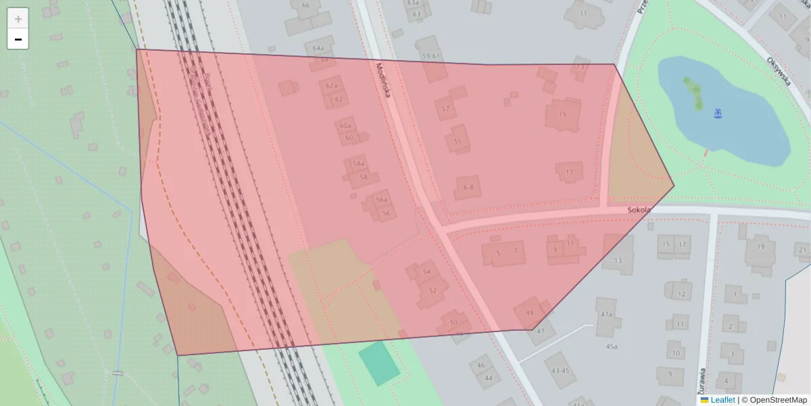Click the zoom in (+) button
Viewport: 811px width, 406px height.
tap(18, 19)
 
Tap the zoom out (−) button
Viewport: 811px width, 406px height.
tap(18, 39)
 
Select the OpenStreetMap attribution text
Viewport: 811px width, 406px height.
tap(778, 400)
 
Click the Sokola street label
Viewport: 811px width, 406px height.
tap(639, 210)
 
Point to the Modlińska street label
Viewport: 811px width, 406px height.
tap(383, 81)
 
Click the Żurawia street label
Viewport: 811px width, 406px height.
tap(704, 382)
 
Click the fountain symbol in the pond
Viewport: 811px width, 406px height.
tap(718, 115)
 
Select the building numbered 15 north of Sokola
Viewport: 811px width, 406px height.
tap(563, 114)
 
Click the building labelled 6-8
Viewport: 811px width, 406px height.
tap(468, 187)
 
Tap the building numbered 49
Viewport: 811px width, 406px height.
tap(530, 313)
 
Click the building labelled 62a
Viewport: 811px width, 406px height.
tap(331, 86)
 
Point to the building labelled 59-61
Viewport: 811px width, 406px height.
tap(431, 56)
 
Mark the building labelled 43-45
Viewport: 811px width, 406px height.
tap(560, 370)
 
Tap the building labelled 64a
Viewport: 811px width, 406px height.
tap(318, 49)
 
